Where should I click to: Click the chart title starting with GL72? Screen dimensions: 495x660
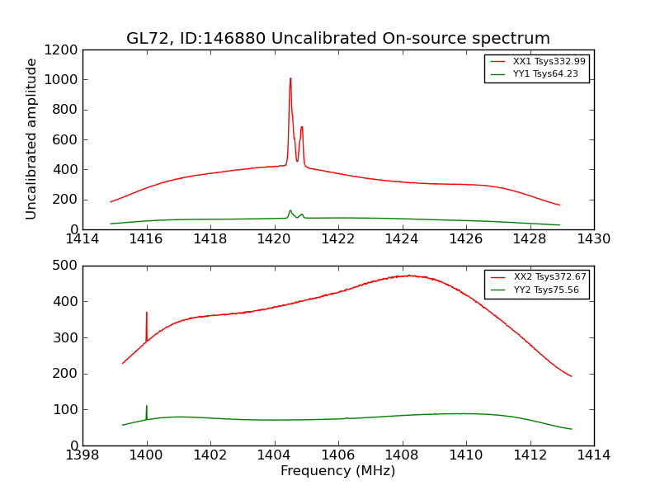click(x=337, y=39)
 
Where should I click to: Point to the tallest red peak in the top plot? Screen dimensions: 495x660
click(x=290, y=79)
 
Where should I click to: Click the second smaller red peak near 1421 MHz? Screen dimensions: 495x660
click(x=302, y=127)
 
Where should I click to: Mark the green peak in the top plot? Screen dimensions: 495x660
click(x=290, y=210)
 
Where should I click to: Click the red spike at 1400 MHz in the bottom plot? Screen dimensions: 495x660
click(x=147, y=313)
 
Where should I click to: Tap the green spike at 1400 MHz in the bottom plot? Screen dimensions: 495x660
click(x=147, y=407)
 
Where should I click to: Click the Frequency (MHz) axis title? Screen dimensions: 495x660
click(x=337, y=471)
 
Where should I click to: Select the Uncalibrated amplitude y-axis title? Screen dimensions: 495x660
click(x=31, y=139)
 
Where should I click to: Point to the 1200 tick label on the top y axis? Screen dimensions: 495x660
click(x=63, y=50)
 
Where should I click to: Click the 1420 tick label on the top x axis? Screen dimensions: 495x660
click(x=274, y=239)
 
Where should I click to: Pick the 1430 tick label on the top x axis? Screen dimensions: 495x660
click(x=593, y=239)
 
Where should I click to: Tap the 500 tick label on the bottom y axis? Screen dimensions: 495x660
click(x=66, y=266)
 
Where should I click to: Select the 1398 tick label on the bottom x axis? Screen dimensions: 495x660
click(x=82, y=455)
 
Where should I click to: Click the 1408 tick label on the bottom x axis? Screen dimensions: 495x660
click(x=402, y=455)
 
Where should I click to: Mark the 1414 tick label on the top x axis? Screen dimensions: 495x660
click(x=82, y=239)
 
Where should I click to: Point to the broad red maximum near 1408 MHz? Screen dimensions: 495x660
click(x=408, y=276)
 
